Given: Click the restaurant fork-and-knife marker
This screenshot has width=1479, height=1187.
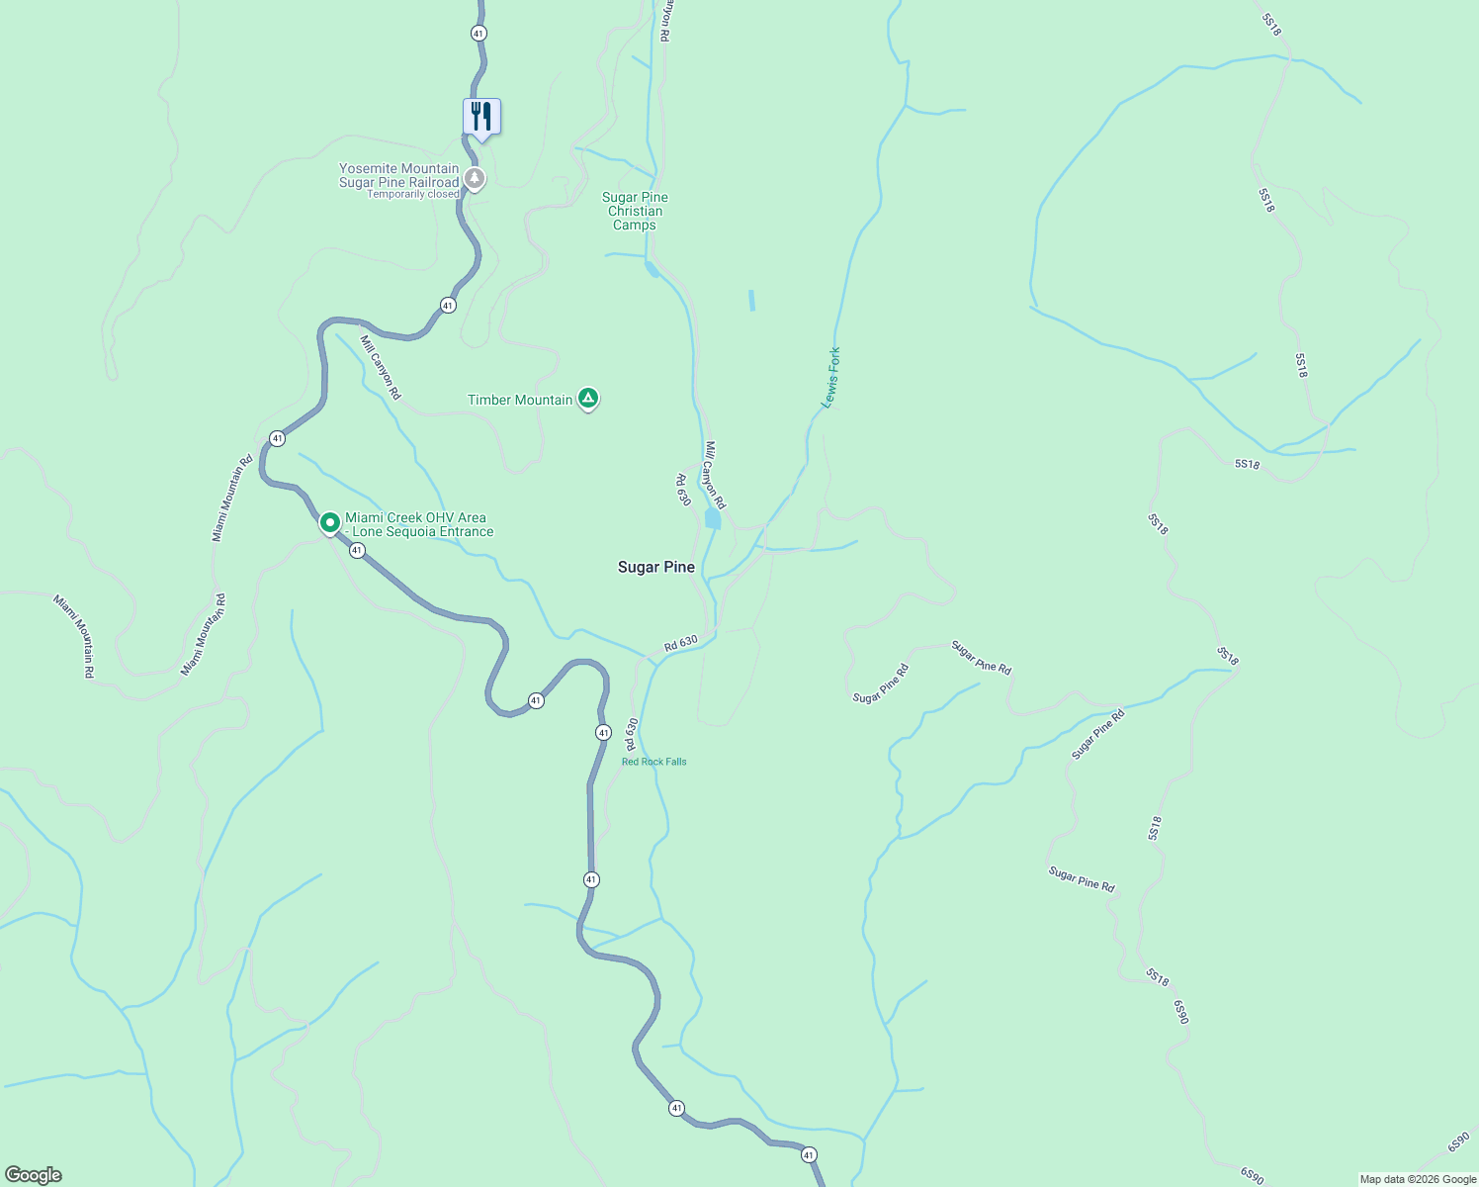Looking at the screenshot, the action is point(481,117).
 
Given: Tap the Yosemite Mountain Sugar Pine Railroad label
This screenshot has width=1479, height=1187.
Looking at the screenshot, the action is point(398,175).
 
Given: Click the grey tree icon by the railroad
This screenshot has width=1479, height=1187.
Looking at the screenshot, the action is point(476,179).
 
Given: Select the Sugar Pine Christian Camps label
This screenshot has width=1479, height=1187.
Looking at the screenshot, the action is point(635,211).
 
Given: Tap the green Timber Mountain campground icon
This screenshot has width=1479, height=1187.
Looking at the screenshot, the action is point(588,399).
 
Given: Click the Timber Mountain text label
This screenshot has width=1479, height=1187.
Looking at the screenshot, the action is point(520,400).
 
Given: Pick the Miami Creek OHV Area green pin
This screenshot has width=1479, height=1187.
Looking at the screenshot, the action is point(330,521).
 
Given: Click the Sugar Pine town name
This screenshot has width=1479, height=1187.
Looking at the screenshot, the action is point(656,567).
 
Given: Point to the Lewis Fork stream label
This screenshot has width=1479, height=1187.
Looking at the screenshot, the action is point(831,378).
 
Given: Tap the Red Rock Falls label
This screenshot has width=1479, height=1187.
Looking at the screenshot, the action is point(653,762).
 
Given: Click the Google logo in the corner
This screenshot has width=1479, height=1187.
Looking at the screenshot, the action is point(34,1175).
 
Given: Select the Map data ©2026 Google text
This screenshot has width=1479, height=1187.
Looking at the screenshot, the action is point(1418,1179).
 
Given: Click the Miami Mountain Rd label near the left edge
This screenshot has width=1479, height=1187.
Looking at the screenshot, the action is point(74,636).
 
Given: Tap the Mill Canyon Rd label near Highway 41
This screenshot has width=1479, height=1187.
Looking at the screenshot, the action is point(381,367).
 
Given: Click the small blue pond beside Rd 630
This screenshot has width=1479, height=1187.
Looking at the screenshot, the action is point(713,519).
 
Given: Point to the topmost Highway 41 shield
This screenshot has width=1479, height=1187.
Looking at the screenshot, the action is point(478,33).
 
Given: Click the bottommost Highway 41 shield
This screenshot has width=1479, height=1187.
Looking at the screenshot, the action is point(809,1154).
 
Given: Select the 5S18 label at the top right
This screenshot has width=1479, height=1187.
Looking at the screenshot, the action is point(1271,25).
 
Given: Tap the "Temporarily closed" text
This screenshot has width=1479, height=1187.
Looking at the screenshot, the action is point(413,194).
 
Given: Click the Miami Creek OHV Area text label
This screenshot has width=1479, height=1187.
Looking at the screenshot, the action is point(419,524).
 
